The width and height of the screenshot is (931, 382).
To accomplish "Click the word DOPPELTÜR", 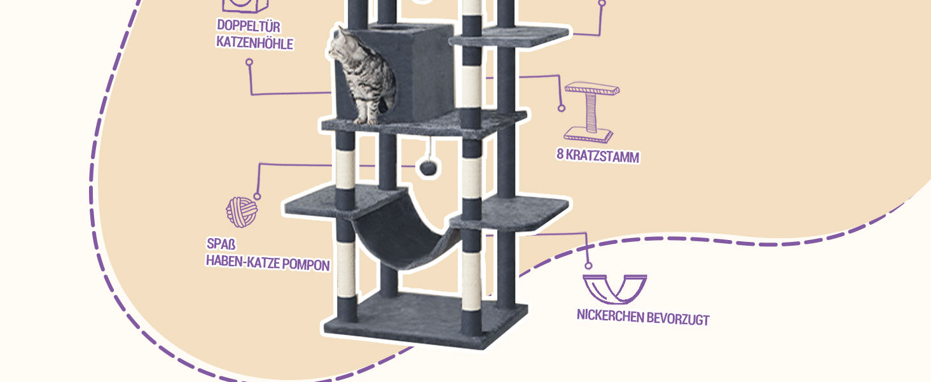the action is point(249,25).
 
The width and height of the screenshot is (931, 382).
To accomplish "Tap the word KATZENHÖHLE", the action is point(255,43).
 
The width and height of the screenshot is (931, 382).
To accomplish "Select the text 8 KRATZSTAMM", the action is point(598,155).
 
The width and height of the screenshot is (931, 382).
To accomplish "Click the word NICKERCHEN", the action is point(610,316).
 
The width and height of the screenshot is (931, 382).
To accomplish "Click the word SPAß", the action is point(221,243).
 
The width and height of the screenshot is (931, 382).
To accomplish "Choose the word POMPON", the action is point(305,264).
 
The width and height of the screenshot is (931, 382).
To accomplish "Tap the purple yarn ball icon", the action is point(242,212).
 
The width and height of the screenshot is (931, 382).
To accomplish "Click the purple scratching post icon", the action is point(591,112).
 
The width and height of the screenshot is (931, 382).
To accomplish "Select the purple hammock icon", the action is point(615,289).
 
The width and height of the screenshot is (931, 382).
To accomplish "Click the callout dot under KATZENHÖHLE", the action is point(249,62).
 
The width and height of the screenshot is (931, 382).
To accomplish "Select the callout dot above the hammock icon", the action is point(588,265).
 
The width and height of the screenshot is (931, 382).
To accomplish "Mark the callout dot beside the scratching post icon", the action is point(562,108).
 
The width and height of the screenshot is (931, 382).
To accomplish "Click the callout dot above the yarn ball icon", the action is point(258,196).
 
